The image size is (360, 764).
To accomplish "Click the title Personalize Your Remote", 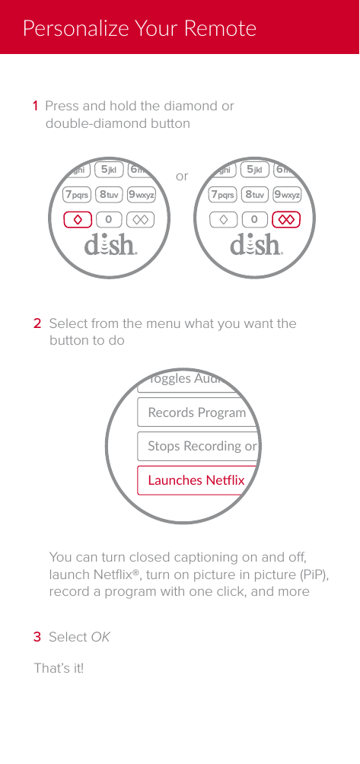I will pyautogui.click(x=139, y=29).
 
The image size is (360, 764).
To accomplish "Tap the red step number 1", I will pyautogui.click(x=35, y=106).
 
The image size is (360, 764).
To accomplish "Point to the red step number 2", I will pyautogui.click(x=37, y=323).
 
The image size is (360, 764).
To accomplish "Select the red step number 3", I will pyautogui.click(x=37, y=636).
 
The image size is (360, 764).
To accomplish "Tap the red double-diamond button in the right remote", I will pyautogui.click(x=287, y=220).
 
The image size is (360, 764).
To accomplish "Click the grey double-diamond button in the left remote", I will pyautogui.click(x=141, y=220).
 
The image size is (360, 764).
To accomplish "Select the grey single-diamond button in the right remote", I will pyautogui.click(x=224, y=220).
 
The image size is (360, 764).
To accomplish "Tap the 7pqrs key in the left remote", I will pyautogui.click(x=77, y=195).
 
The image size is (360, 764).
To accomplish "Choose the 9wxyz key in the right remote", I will pyautogui.click(x=286, y=195).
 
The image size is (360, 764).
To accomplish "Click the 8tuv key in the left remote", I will pyautogui.click(x=109, y=195).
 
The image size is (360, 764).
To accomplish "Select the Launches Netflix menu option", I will pyautogui.click(x=195, y=480).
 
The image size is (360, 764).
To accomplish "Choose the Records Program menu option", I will pyautogui.click(x=196, y=412).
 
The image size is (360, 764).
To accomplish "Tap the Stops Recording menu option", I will pyautogui.click(x=199, y=446).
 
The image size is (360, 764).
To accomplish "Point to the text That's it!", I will pyautogui.click(x=59, y=668).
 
